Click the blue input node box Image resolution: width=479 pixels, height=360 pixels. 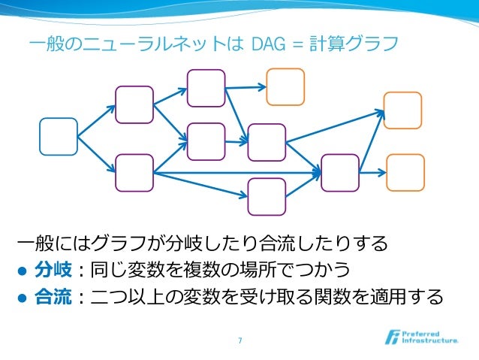tap(59, 137)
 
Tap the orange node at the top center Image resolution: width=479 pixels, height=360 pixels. tap(286, 86)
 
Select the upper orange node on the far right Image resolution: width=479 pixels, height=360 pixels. tap(403, 110)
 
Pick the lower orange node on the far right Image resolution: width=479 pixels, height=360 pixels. tap(405, 173)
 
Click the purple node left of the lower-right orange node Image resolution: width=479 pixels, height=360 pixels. tap(339, 173)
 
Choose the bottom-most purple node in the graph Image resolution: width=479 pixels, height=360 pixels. tap(267, 197)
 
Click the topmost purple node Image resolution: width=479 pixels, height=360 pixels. tap(206, 88)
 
